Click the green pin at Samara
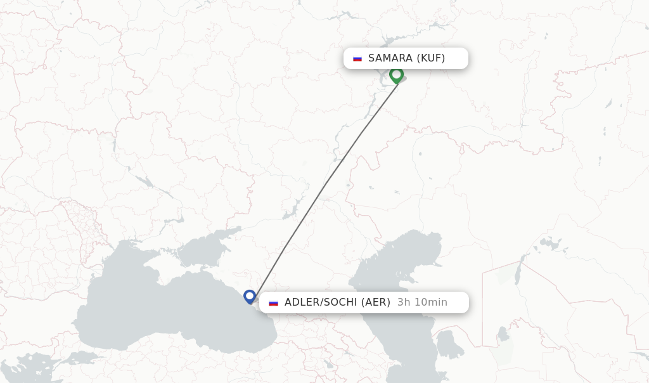(397, 75)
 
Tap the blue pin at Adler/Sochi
(250, 296)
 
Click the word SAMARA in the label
(390, 58)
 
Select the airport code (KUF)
(431, 58)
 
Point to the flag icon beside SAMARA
(357, 58)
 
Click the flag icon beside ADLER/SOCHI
(273, 302)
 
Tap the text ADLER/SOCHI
(321, 302)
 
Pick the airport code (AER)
(376, 302)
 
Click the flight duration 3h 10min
(422, 302)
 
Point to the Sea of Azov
(203, 250)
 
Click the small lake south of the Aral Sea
(504, 333)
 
